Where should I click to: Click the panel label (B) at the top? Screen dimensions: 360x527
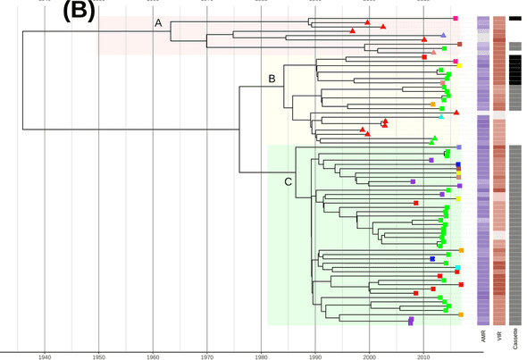coord(70,13)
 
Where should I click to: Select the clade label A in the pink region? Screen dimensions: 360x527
coord(158,23)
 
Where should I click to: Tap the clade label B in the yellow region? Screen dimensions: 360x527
coord(272,80)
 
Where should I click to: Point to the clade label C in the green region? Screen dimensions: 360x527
coord(288,183)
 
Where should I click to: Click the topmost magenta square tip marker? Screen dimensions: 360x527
coord(456,19)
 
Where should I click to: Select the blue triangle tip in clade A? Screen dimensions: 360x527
coord(444,35)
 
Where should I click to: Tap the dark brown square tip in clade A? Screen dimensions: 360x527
coord(459,44)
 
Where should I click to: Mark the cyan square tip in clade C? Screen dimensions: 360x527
coord(458,268)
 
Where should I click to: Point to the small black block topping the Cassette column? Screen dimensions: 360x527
coord(515,18)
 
